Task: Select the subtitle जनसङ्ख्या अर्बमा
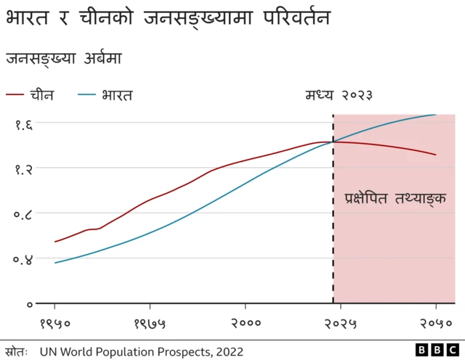point(64,58)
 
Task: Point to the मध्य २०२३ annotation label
point(339,95)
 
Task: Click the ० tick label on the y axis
point(29,304)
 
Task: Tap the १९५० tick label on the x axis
point(54,324)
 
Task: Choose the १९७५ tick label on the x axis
point(150,324)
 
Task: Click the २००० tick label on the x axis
point(246,324)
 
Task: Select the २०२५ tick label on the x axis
point(341,324)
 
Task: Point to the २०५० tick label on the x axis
point(435,324)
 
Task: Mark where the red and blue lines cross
point(333,142)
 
